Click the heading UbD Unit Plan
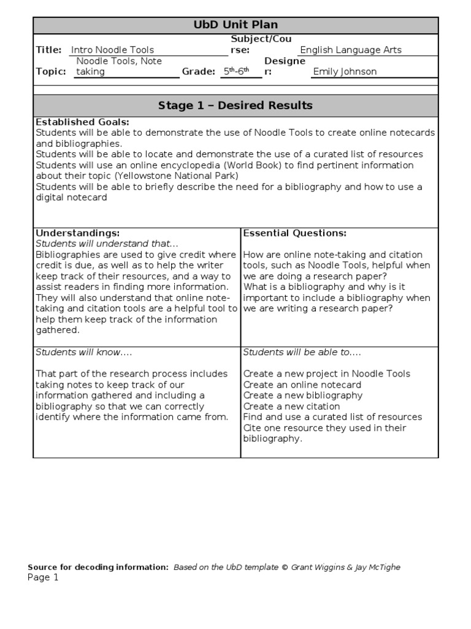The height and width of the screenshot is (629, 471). point(235,25)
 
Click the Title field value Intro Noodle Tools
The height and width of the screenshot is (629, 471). point(112,50)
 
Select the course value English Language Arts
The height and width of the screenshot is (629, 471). point(350,50)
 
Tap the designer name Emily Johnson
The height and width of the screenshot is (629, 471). point(345,71)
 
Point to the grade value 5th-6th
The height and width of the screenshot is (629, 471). point(235,71)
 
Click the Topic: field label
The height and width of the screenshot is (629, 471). point(51,71)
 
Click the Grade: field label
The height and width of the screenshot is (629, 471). point(198,71)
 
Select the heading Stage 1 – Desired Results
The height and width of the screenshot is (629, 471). point(235,106)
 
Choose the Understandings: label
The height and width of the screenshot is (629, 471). point(77,233)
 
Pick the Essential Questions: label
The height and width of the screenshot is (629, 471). point(295,233)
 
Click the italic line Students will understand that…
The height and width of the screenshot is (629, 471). point(107,244)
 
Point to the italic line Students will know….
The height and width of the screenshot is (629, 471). point(84,352)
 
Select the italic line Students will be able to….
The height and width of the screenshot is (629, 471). point(302,352)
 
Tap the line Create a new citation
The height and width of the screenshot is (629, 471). point(291,406)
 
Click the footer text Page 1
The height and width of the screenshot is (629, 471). point(43,577)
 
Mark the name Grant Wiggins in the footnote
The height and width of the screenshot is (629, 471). point(318,567)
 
